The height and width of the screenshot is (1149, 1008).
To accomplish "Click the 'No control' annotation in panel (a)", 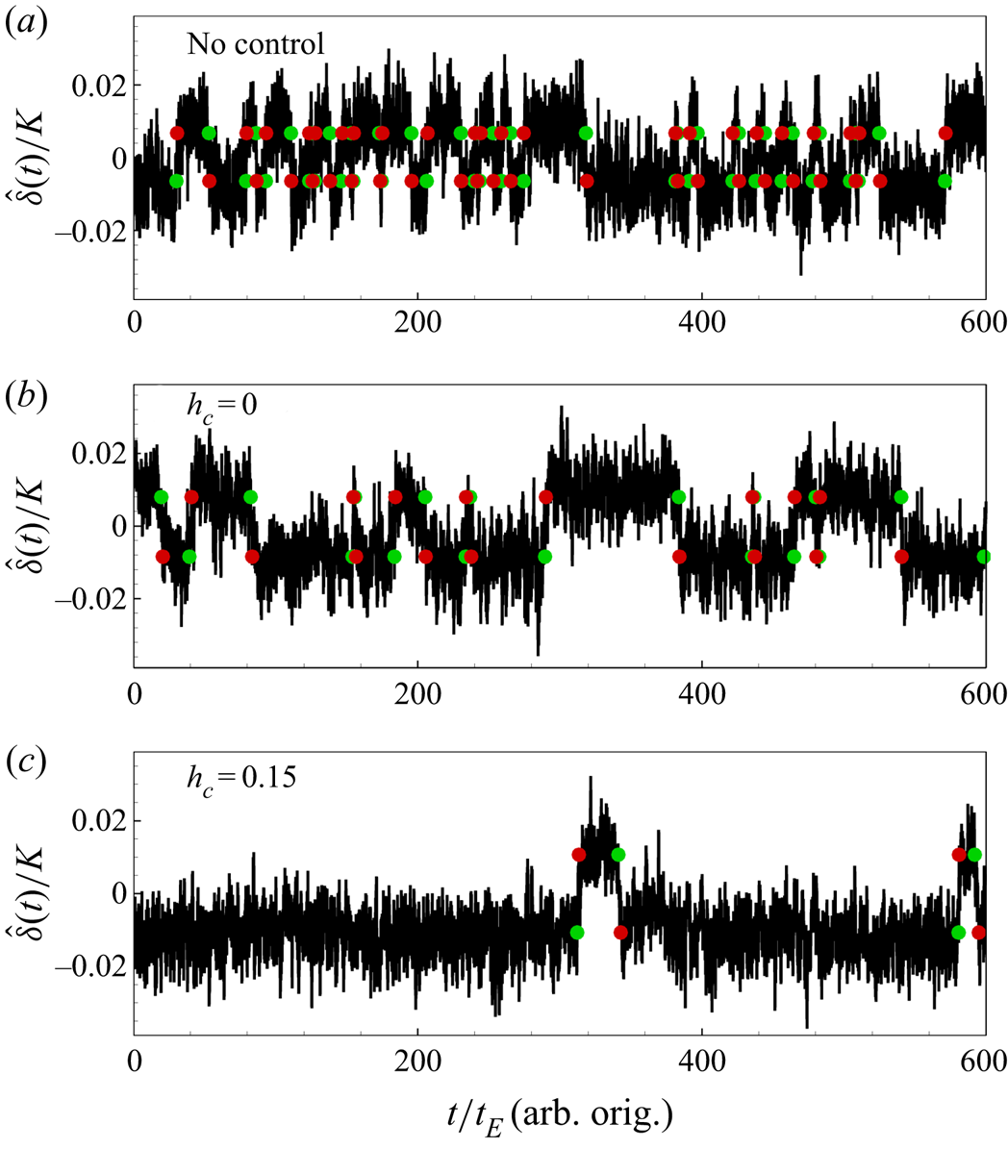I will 255,44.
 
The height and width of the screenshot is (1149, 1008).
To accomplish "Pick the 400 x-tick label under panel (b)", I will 701,692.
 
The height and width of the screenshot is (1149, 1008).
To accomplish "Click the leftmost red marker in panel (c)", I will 579,855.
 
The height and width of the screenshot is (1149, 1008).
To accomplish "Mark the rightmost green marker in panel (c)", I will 974,855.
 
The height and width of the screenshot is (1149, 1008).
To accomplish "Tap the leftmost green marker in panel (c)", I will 576,932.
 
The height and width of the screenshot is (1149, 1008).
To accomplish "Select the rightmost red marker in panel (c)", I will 979,932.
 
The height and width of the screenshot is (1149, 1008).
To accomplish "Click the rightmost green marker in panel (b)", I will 984,556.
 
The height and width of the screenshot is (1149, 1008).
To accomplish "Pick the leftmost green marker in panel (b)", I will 161,496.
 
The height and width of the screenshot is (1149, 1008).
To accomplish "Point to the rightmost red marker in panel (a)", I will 945,133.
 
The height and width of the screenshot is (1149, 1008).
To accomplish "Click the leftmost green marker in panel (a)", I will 176,180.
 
